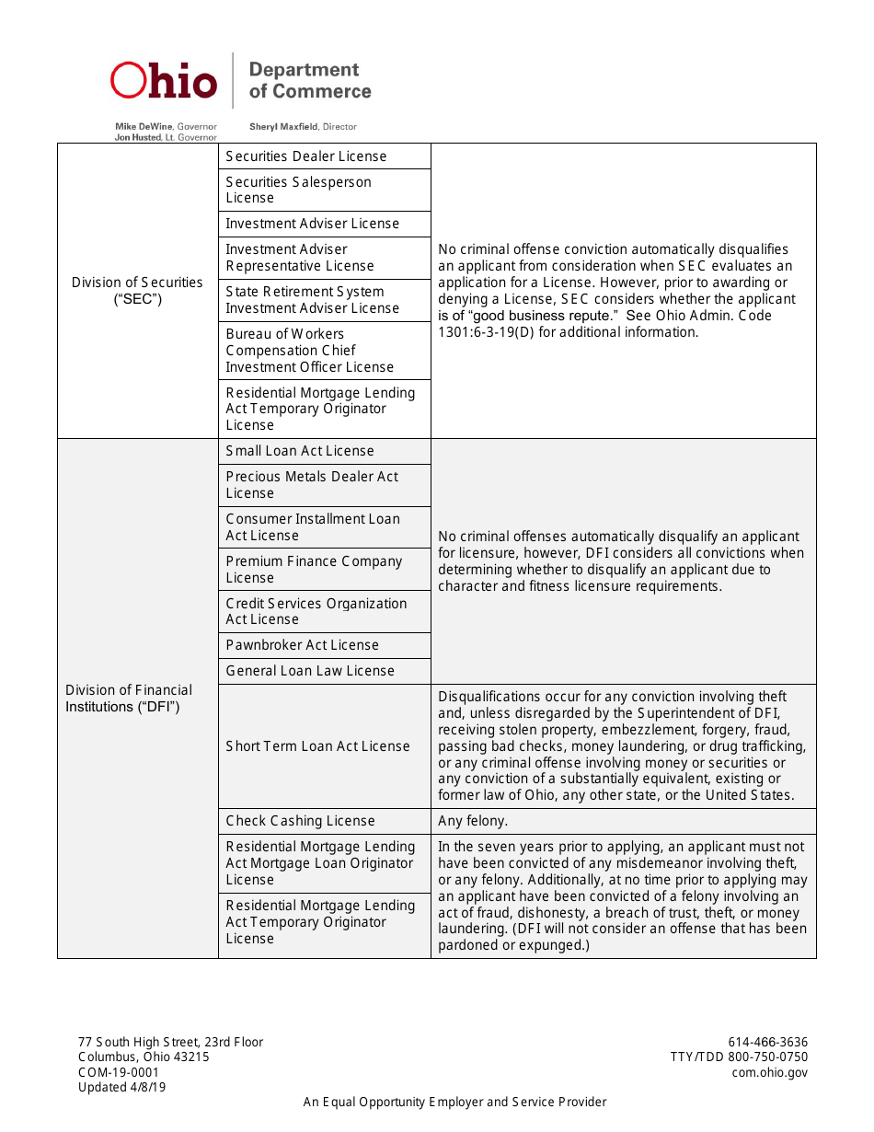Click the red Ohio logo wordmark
[x=164, y=81]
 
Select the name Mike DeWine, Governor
[x=166, y=126]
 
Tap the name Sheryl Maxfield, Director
[x=303, y=126]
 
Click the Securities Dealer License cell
[x=306, y=156]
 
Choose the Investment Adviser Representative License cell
[x=300, y=258]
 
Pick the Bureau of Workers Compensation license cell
[x=310, y=351]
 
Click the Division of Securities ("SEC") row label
[x=137, y=291]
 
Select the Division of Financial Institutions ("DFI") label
[x=129, y=699]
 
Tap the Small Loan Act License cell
[x=300, y=451]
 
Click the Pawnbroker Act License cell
[x=303, y=645]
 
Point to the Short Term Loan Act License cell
[x=318, y=746]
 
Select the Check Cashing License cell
[x=301, y=821]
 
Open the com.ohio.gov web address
[x=770, y=1072]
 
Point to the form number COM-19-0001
[x=119, y=1072]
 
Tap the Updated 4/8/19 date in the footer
[x=122, y=1087]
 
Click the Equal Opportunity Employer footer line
[x=455, y=1102]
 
